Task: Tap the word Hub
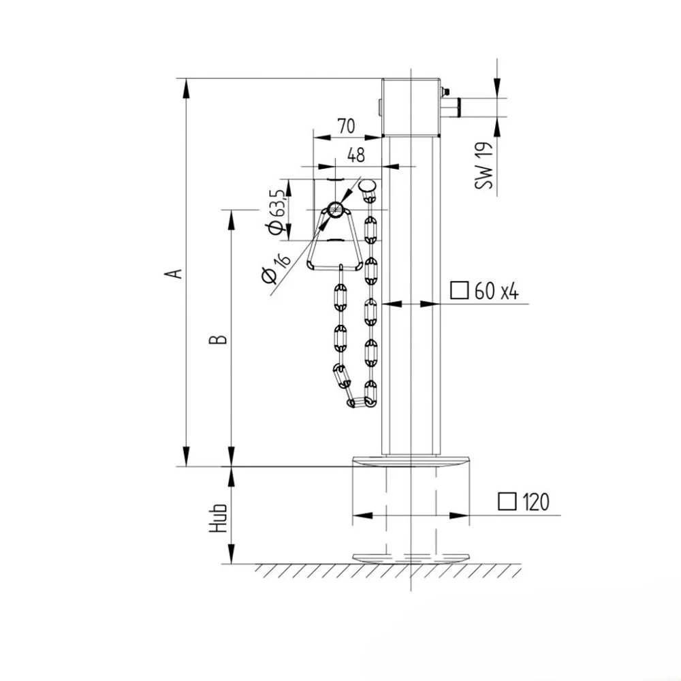[x=218, y=518]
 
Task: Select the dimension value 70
[x=347, y=127]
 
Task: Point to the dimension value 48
[x=356, y=155]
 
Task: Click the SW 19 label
[x=484, y=165]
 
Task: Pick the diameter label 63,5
[x=276, y=212]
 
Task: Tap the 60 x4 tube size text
[x=496, y=291]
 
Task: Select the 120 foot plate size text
[x=536, y=502]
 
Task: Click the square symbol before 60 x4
[x=459, y=291]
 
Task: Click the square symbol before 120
[x=507, y=501]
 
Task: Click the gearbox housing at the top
[x=411, y=108]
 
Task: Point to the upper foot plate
[x=411, y=461]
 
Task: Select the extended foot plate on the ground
[x=411, y=558]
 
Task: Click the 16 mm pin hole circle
[x=335, y=210]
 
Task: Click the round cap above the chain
[x=367, y=187]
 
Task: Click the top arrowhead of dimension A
[x=187, y=88]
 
